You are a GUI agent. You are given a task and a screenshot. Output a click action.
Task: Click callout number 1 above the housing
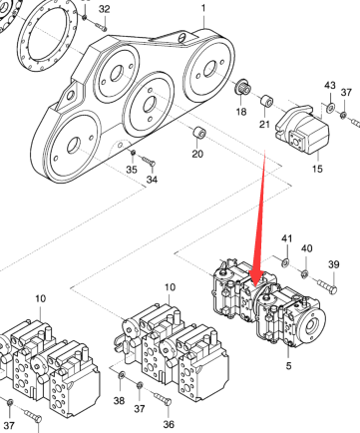click(203, 7)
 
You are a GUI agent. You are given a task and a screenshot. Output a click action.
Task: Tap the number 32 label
click(105, 9)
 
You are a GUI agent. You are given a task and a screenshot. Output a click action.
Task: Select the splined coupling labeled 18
click(243, 87)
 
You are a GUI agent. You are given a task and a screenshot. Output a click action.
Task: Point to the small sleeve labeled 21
click(266, 102)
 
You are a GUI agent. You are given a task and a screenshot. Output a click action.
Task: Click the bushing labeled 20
click(199, 133)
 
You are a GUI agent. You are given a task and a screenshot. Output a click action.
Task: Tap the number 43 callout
click(330, 86)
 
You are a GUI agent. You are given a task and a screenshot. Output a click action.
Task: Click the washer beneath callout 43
click(331, 108)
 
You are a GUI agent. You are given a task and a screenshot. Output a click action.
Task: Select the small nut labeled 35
click(133, 153)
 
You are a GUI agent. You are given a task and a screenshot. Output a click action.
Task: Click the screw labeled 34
click(150, 161)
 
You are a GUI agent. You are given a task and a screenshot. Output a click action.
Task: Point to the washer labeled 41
click(285, 263)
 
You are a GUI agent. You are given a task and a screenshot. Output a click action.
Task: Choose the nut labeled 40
click(304, 274)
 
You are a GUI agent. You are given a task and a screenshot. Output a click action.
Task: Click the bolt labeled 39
click(327, 287)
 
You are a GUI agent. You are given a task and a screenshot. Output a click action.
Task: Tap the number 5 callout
click(288, 365)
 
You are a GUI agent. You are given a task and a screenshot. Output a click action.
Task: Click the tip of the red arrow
click(255, 286)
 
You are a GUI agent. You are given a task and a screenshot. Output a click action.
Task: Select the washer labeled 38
click(122, 375)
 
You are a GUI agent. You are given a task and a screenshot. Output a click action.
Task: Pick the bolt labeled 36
click(164, 399)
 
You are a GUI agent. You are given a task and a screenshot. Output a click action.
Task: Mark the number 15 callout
click(317, 169)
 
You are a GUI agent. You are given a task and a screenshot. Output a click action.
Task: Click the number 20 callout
click(197, 154)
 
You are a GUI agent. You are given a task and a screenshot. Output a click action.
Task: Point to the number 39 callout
click(334, 264)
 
